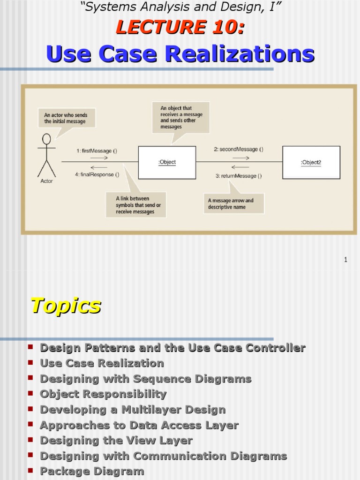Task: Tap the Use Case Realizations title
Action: coord(180,54)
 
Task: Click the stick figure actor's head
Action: coord(46,139)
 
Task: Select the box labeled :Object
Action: coord(167,162)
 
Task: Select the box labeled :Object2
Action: coord(311,162)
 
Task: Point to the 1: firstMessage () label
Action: coord(97,151)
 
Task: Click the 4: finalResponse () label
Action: coord(97,175)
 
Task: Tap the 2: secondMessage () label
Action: coord(239,150)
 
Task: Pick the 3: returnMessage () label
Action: coord(239,176)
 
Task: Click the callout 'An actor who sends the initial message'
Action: coord(66,118)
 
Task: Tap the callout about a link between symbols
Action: coord(135,205)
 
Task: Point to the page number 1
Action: coord(345,260)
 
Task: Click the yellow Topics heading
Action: coord(66,306)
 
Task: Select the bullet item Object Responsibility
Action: coord(103,394)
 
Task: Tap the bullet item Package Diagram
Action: coord(92,472)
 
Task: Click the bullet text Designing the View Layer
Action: coord(116,441)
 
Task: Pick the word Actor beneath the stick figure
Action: coord(47,181)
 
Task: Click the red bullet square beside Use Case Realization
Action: coord(30,363)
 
